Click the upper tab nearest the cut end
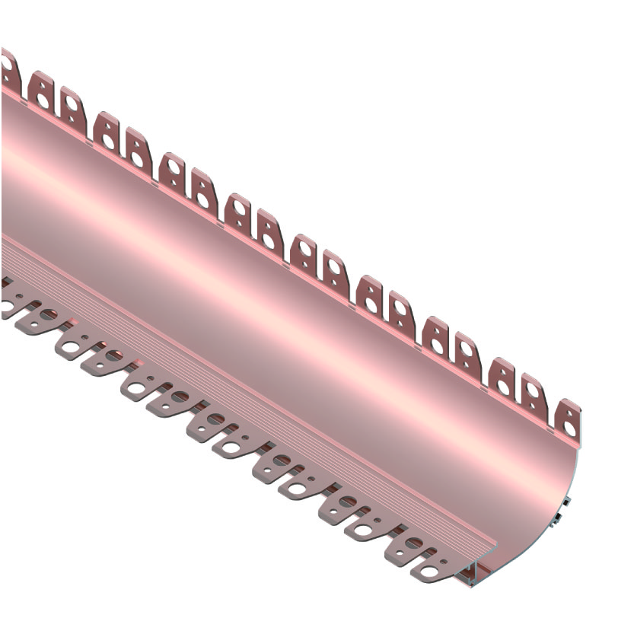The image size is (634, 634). (568, 419)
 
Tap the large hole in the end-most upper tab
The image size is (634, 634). (569, 429)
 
